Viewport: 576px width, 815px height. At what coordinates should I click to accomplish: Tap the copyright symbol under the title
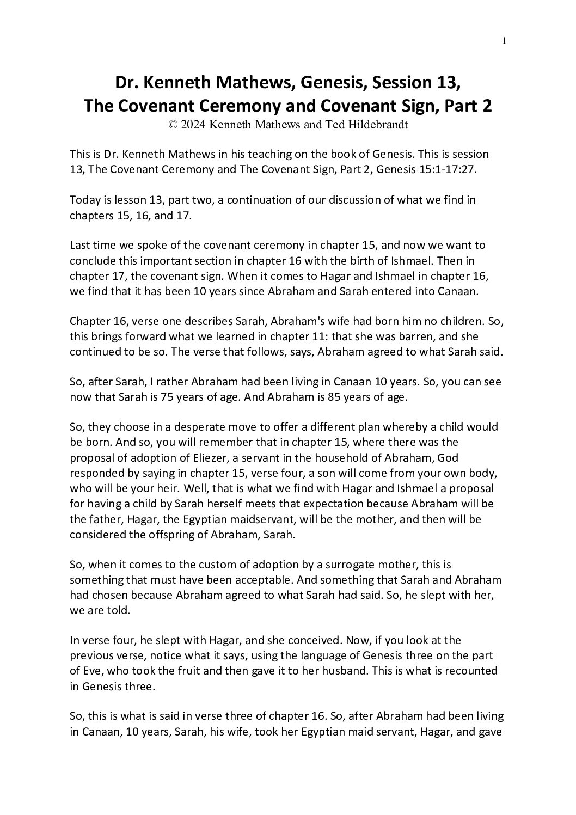tap(173, 124)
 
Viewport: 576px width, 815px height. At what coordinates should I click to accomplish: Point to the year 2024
tap(195, 124)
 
